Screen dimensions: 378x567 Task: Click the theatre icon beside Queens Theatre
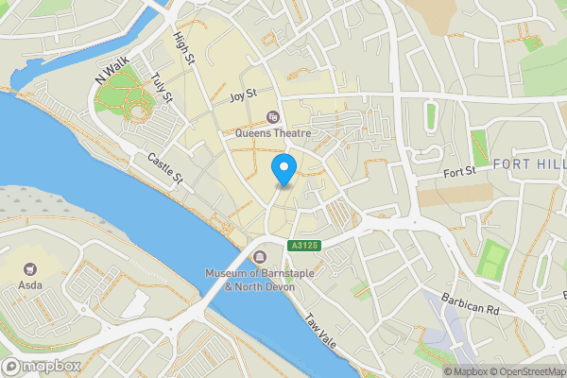273,117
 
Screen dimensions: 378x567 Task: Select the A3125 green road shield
301,246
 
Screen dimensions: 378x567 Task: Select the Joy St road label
243,96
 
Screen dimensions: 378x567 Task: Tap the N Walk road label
111,72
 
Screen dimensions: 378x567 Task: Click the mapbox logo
43,366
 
